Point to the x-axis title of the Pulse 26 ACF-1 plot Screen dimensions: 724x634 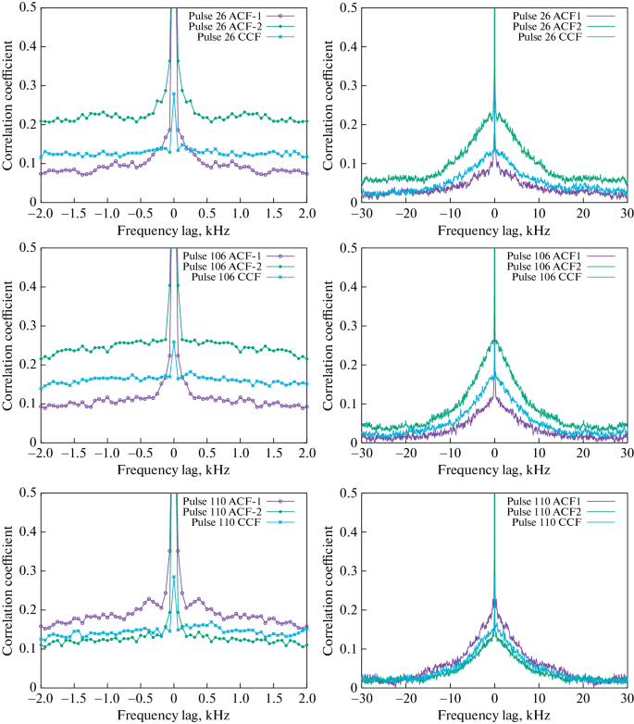(x=174, y=228)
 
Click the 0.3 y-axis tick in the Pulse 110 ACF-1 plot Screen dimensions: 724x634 (x=23, y=570)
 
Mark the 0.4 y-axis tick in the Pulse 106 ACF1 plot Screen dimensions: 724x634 (x=345, y=287)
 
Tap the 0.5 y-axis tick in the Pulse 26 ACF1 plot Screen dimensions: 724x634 (x=345, y=8)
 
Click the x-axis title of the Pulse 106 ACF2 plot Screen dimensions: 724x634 (x=493, y=470)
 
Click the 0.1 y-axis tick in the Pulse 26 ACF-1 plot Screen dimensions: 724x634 (x=23, y=163)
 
